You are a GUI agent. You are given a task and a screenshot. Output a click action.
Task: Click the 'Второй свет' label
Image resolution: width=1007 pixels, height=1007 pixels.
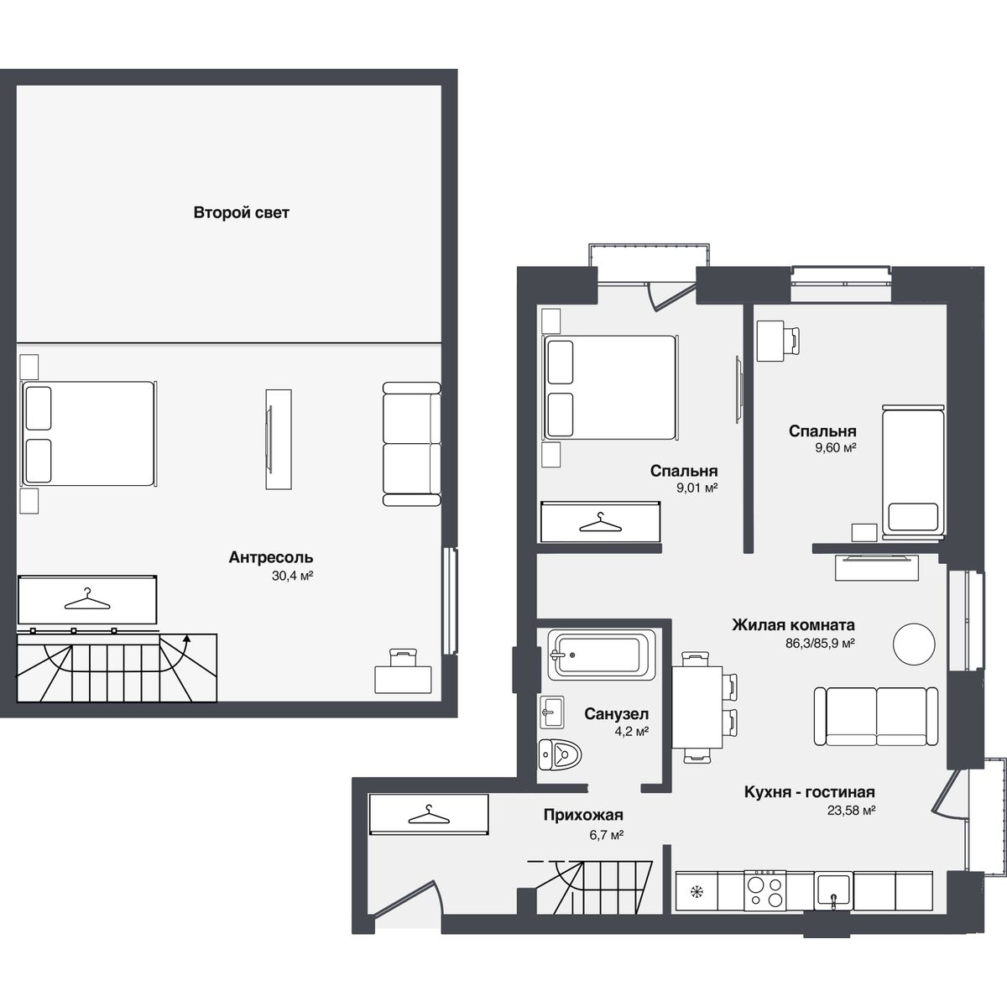pos(241,212)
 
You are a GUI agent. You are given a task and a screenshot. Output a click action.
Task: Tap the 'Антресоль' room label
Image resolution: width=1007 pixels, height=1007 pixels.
pos(271,557)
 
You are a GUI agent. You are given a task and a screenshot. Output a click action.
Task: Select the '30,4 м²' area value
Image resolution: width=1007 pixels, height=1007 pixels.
pos(292,576)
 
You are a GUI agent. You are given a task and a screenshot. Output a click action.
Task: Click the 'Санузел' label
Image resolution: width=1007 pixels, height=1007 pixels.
pos(617,714)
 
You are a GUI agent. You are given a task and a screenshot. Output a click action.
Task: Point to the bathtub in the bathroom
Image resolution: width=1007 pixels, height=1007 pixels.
pos(602,655)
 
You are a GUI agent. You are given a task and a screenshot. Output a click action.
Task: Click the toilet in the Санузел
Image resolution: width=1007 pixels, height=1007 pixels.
pos(561,754)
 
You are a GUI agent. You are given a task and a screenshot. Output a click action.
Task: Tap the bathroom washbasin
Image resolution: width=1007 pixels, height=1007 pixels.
pos(551,712)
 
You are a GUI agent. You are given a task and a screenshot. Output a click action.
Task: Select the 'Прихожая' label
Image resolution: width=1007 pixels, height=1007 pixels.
pos(583,815)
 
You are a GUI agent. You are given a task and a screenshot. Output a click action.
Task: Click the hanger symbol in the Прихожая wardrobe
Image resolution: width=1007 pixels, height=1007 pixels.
pos(429,815)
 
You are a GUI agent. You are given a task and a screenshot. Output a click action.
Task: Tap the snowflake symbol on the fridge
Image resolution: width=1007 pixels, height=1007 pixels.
pos(696,891)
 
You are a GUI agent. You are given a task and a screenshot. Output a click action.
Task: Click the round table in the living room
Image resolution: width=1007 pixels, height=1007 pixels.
pos(914,644)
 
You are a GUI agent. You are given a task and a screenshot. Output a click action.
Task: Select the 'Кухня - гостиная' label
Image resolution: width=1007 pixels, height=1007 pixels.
pos(810,792)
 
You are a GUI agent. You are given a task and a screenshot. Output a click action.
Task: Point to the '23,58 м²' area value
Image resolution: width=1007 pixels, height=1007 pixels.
pos(851,811)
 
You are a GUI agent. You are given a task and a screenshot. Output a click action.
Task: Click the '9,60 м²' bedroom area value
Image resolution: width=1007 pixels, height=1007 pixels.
pos(836,448)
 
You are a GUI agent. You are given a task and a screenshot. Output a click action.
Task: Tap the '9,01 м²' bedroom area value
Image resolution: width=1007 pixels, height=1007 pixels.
pos(697,488)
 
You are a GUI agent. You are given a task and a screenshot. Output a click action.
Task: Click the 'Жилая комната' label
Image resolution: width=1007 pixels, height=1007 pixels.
pos(793,625)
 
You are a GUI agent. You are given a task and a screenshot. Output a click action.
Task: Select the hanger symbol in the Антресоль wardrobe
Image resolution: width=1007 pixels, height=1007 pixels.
pos(87,599)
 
